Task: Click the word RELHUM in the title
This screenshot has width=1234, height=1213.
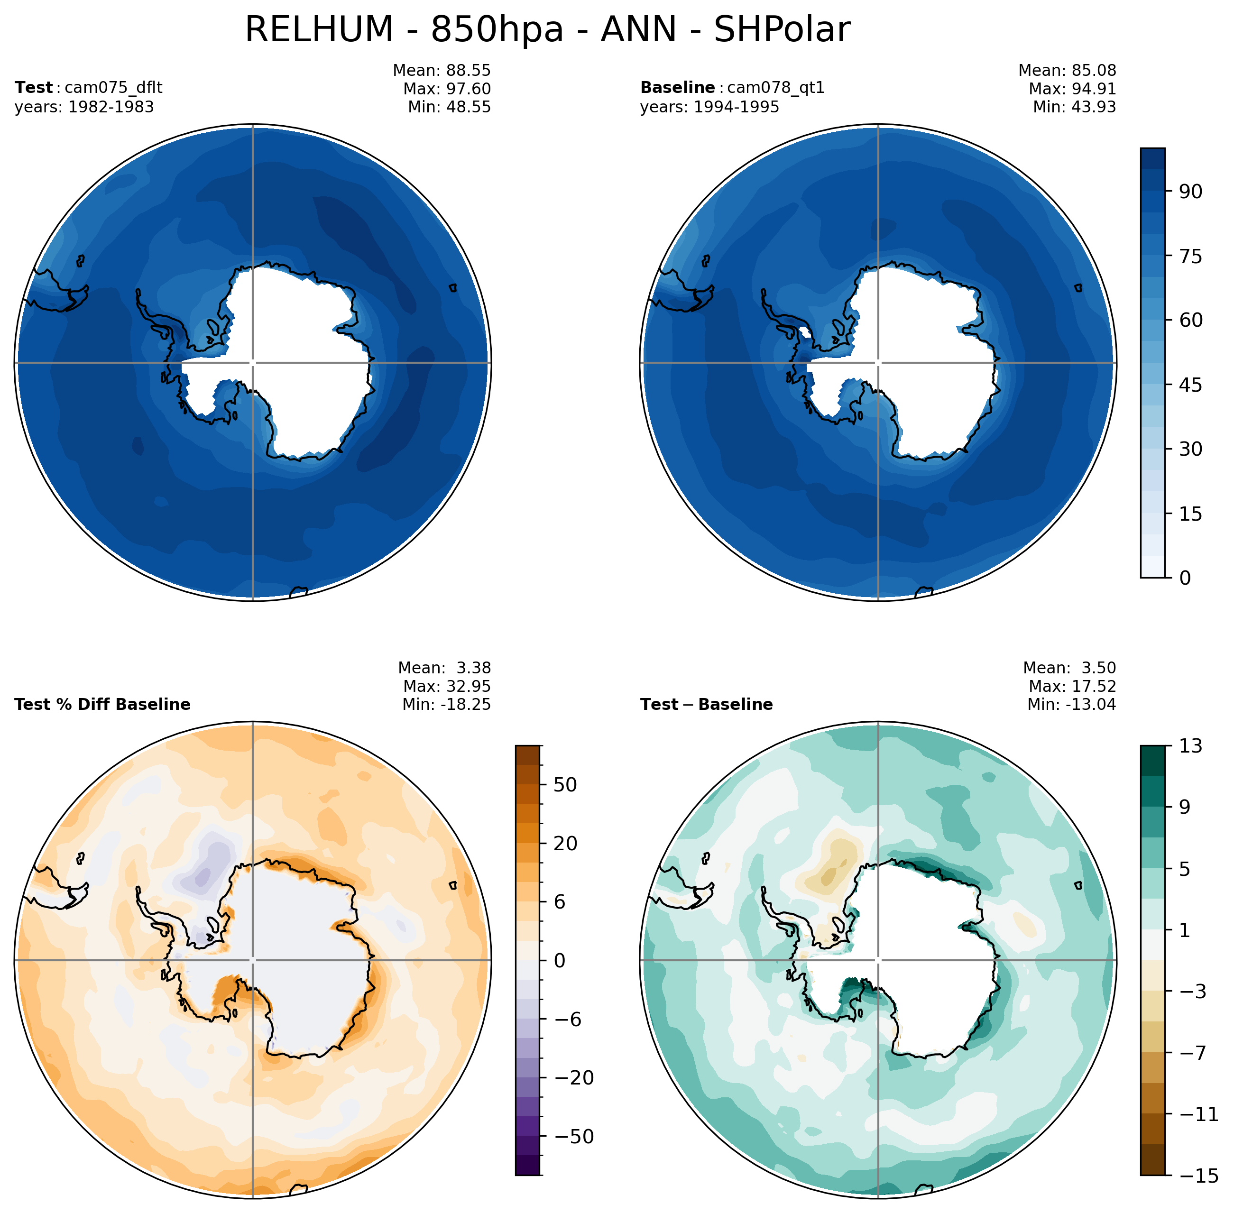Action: click(319, 30)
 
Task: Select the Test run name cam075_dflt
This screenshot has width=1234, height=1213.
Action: click(113, 88)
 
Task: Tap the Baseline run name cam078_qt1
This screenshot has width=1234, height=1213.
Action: click(775, 88)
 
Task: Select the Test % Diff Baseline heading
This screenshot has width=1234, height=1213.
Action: click(102, 705)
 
